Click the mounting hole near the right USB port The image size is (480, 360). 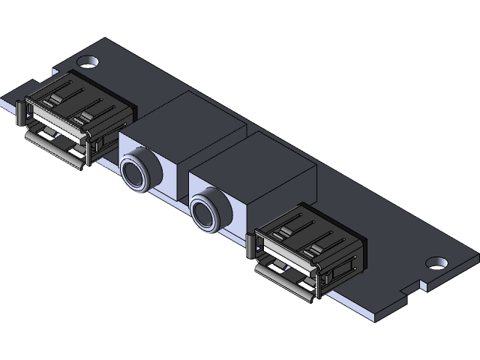pyautogui.click(x=436, y=263)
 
